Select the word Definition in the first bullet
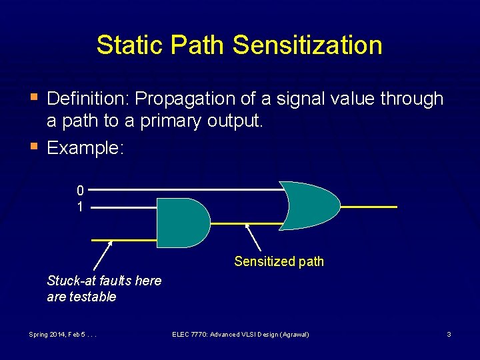click(x=87, y=99)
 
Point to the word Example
click(x=85, y=147)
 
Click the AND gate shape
click(x=182, y=223)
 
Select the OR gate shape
click(x=309, y=206)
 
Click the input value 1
click(x=80, y=207)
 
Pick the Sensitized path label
click(x=279, y=261)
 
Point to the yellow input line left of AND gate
click(x=124, y=239)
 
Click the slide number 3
click(x=449, y=334)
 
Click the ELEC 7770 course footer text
click(x=240, y=334)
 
